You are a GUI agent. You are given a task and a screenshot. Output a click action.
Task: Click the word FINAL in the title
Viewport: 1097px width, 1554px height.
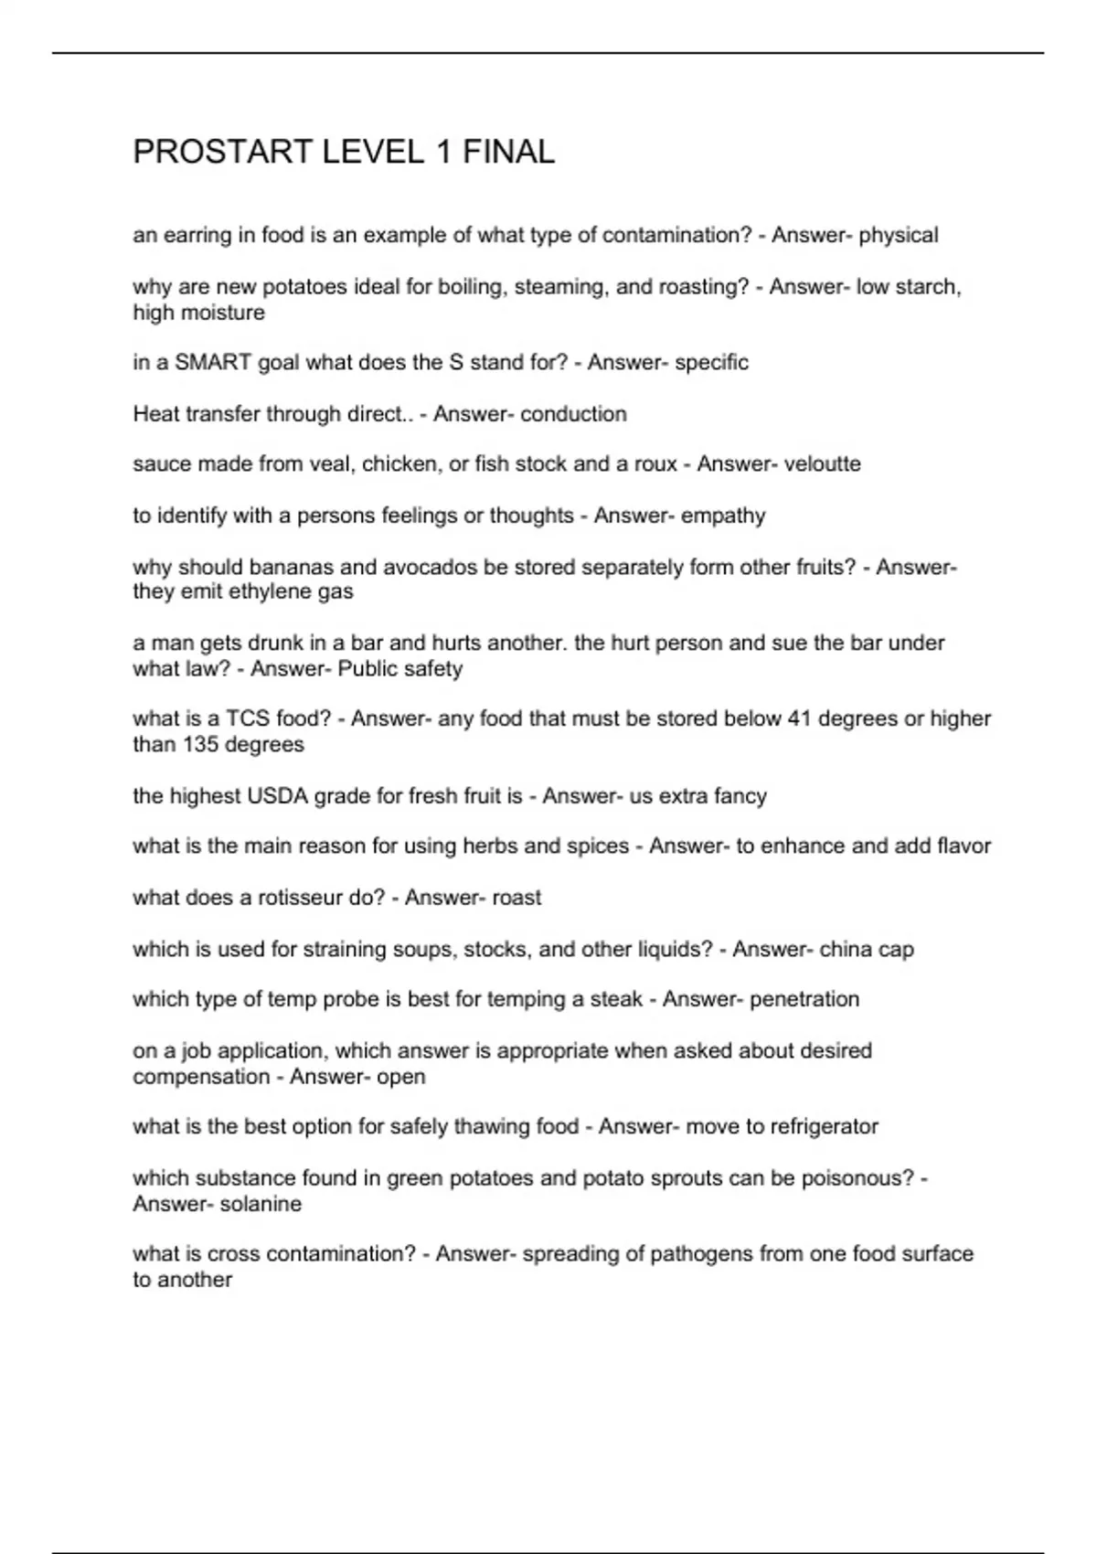tap(508, 152)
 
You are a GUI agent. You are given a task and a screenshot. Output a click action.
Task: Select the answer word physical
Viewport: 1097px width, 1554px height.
tap(898, 236)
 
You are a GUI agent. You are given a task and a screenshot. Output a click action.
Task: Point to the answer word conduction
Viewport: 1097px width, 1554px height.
tap(573, 414)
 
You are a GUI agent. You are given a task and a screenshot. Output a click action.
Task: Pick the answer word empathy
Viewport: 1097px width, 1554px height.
tap(722, 516)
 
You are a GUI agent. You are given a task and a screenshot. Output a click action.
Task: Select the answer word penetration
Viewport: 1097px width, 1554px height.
tap(804, 999)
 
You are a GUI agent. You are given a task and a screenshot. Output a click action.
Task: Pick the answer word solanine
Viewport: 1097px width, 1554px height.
tap(261, 1203)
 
